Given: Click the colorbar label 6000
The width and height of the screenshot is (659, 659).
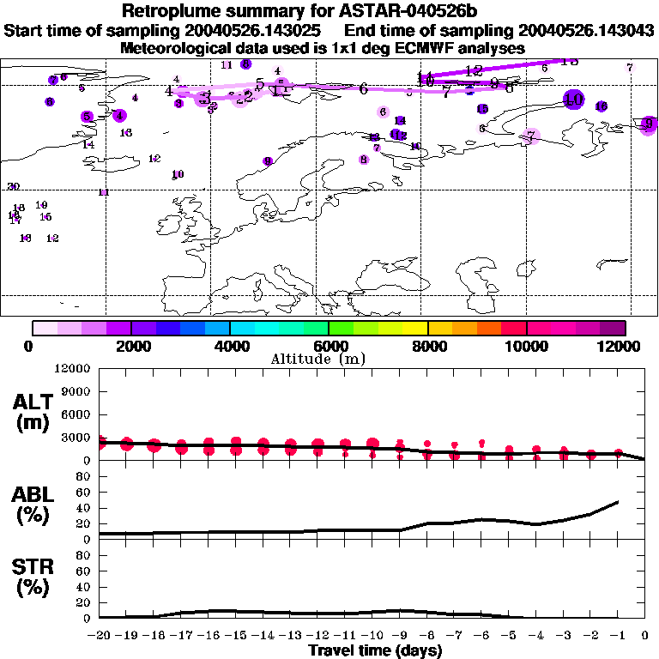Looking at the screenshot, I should click(x=329, y=346).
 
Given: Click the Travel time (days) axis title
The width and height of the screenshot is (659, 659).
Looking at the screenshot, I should click(x=375, y=651).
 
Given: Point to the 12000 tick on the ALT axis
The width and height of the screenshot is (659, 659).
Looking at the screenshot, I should click(x=73, y=369).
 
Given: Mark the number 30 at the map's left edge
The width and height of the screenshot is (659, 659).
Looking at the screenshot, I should click(x=13, y=186).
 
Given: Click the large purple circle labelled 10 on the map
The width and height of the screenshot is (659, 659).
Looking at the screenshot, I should click(x=573, y=100).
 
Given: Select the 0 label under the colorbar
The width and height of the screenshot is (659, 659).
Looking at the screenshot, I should click(x=30, y=346).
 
